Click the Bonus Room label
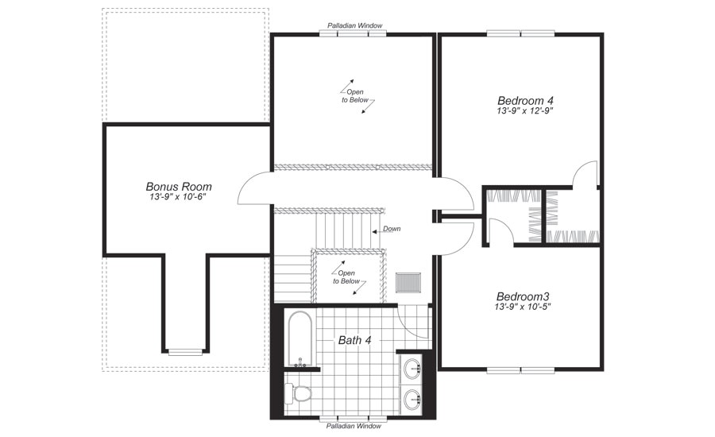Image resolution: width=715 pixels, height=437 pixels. (179, 187)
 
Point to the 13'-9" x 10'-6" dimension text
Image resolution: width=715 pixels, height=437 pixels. (179, 197)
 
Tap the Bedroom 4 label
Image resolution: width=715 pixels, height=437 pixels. (525, 100)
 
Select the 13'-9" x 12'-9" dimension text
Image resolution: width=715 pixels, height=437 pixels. (525, 111)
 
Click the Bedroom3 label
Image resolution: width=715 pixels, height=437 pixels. (524, 295)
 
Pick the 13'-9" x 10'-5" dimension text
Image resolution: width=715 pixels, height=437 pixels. (524, 306)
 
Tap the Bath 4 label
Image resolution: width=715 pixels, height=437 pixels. (355, 340)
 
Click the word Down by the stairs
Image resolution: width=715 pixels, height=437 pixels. (392, 229)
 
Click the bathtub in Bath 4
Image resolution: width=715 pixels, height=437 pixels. (300, 338)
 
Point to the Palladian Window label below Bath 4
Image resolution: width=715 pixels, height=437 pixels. (354, 427)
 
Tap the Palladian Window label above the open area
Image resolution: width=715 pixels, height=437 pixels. (354, 25)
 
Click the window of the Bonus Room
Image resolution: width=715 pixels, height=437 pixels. (185, 351)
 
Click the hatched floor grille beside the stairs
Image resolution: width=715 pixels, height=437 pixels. (408, 282)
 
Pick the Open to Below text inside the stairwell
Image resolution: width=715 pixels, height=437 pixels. (348, 277)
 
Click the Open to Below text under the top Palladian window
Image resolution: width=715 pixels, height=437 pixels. (355, 96)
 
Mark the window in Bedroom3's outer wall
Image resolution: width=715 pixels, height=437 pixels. (520, 369)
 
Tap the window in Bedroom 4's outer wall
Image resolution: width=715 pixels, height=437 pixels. (520, 33)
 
